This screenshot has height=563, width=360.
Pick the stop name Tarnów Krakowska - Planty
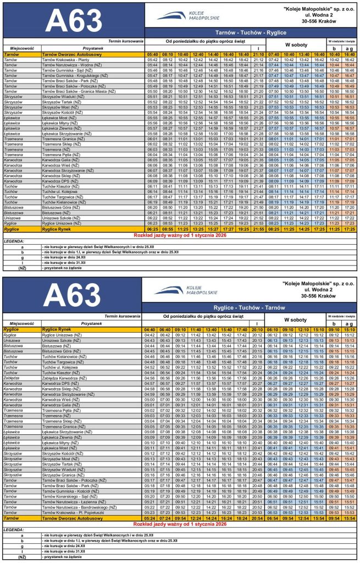pos(62,59)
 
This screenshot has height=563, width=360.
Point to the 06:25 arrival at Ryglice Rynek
pos(152,228)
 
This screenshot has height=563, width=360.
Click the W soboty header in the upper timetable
pos(295,44)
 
